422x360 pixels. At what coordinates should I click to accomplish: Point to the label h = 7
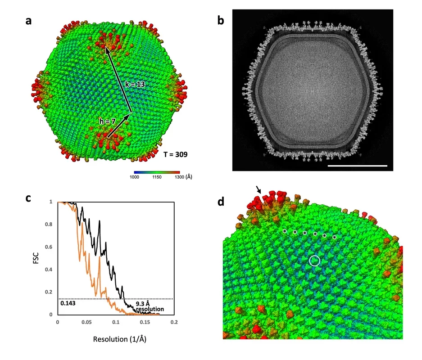click(x=108, y=121)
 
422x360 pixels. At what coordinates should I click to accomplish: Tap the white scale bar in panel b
click(x=358, y=166)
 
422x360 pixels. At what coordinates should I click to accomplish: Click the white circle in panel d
click(x=315, y=260)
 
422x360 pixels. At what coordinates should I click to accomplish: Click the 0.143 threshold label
click(x=68, y=303)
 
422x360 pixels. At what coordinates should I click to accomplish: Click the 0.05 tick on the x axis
click(x=86, y=323)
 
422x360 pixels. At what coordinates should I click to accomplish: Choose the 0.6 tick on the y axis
click(x=50, y=247)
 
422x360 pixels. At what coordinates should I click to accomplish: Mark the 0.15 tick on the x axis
click(x=145, y=323)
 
